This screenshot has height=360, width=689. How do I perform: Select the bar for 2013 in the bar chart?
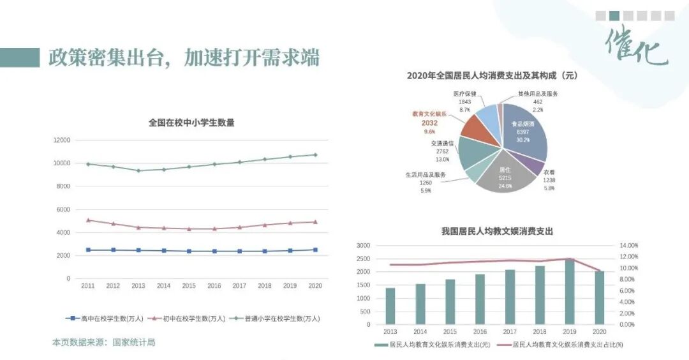click(x=390, y=306)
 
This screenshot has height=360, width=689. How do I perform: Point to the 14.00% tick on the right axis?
click(x=628, y=245)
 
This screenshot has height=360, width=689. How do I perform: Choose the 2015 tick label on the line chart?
click(x=188, y=286)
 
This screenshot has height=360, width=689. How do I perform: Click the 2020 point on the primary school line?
click(x=315, y=154)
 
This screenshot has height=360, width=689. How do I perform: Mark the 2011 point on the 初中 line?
click(x=88, y=220)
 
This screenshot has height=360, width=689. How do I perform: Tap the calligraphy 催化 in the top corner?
click(x=636, y=46)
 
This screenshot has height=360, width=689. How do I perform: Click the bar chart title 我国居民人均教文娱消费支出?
click(x=497, y=231)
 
